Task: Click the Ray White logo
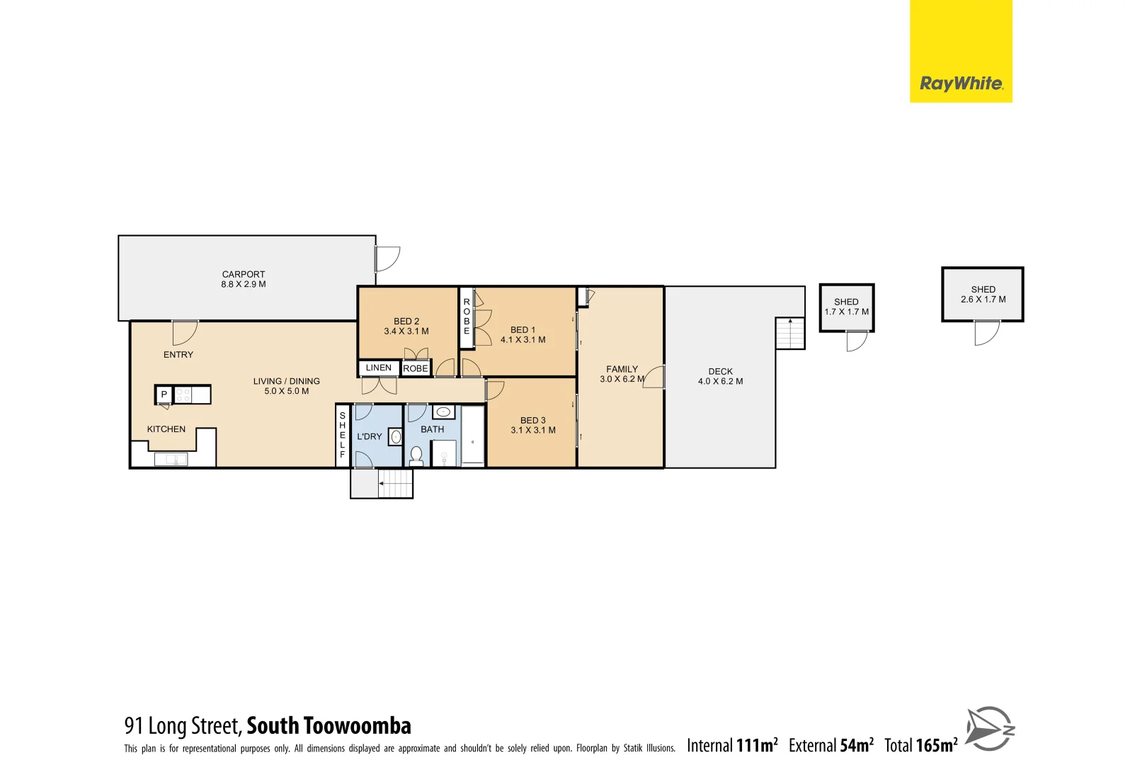pyautogui.click(x=960, y=84)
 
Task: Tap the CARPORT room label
pyautogui.click(x=244, y=274)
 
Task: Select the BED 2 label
pyautogui.click(x=406, y=321)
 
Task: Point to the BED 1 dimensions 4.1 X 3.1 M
pyautogui.click(x=523, y=340)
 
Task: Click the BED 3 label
pyautogui.click(x=533, y=420)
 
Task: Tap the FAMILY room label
pyautogui.click(x=622, y=369)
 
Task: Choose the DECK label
pyautogui.click(x=721, y=371)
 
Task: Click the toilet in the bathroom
pyautogui.click(x=416, y=455)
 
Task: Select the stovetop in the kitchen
pyautogui.click(x=183, y=395)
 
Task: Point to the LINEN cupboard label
pyautogui.click(x=379, y=368)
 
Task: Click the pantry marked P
pyautogui.click(x=164, y=395)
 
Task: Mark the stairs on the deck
pyautogui.click(x=790, y=333)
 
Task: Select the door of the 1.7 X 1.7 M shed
pyautogui.click(x=857, y=341)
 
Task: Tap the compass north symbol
pyautogui.click(x=990, y=728)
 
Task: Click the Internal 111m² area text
pyautogui.click(x=732, y=745)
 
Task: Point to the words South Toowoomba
pyautogui.click(x=329, y=726)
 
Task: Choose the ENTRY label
pyautogui.click(x=178, y=355)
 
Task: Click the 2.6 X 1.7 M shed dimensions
pyautogui.click(x=983, y=300)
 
